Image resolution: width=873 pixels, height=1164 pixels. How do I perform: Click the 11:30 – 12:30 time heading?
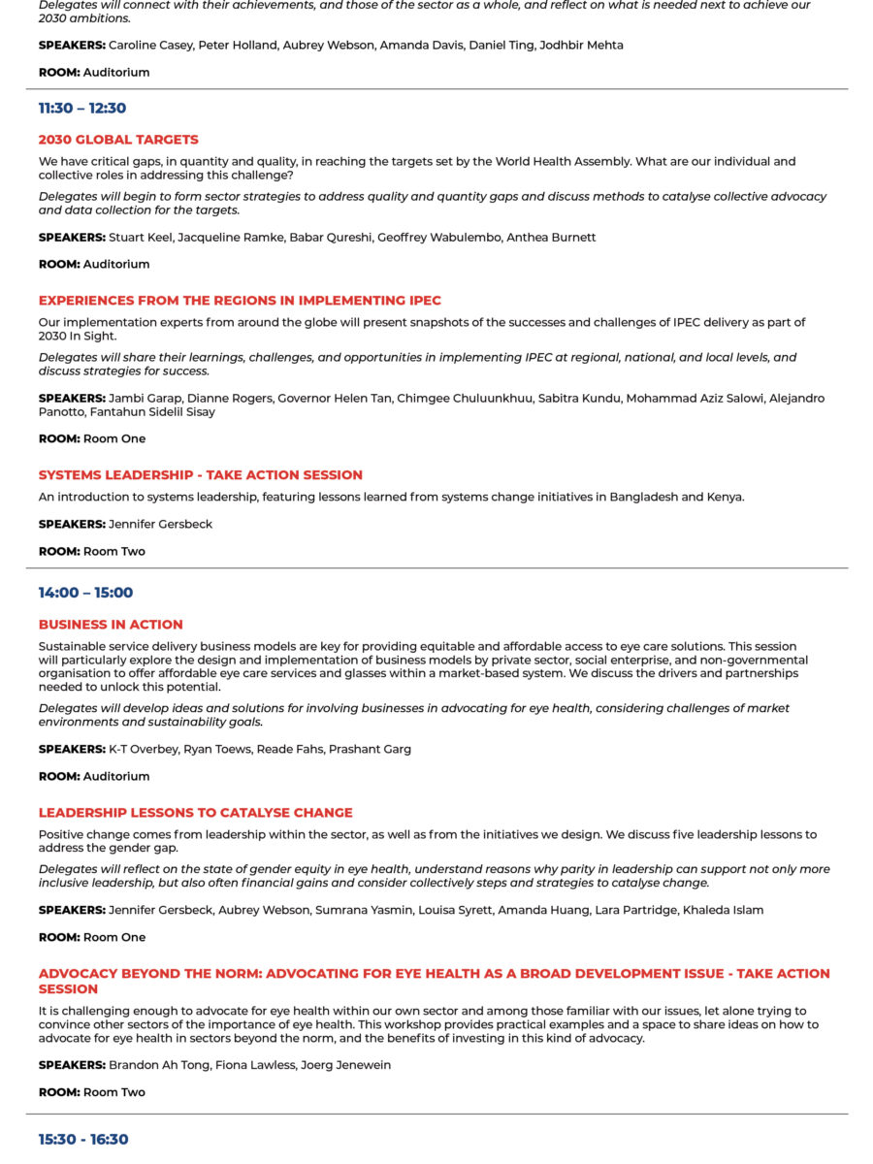(82, 109)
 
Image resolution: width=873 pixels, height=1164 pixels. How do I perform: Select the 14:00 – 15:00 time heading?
(85, 593)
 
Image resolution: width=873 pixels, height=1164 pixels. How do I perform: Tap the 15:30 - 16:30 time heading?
(83, 1140)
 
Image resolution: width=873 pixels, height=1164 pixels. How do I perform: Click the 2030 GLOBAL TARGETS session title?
(118, 140)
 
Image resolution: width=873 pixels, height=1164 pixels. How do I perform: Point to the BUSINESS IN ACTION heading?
(111, 625)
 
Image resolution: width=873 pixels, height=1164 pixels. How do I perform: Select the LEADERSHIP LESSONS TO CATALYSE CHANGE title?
(196, 813)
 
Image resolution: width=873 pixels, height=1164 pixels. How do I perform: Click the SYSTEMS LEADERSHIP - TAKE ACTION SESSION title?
(201, 475)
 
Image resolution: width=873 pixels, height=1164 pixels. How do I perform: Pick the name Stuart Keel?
(141, 238)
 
